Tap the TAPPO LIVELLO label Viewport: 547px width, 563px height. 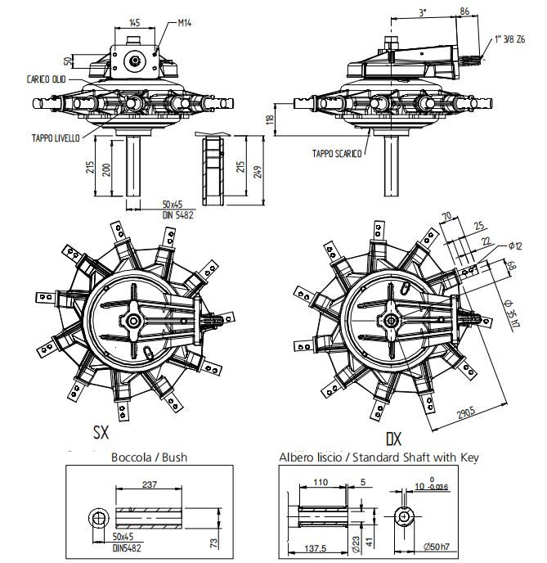(55, 138)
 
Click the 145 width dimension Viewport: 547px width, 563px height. (135, 22)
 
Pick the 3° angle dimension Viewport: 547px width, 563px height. (423, 13)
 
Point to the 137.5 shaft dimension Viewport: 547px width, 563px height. (313, 548)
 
